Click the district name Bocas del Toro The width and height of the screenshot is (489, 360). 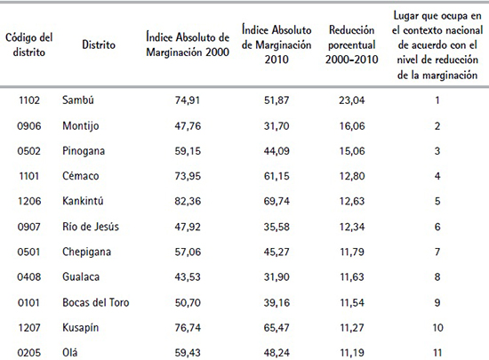coord(96,303)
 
